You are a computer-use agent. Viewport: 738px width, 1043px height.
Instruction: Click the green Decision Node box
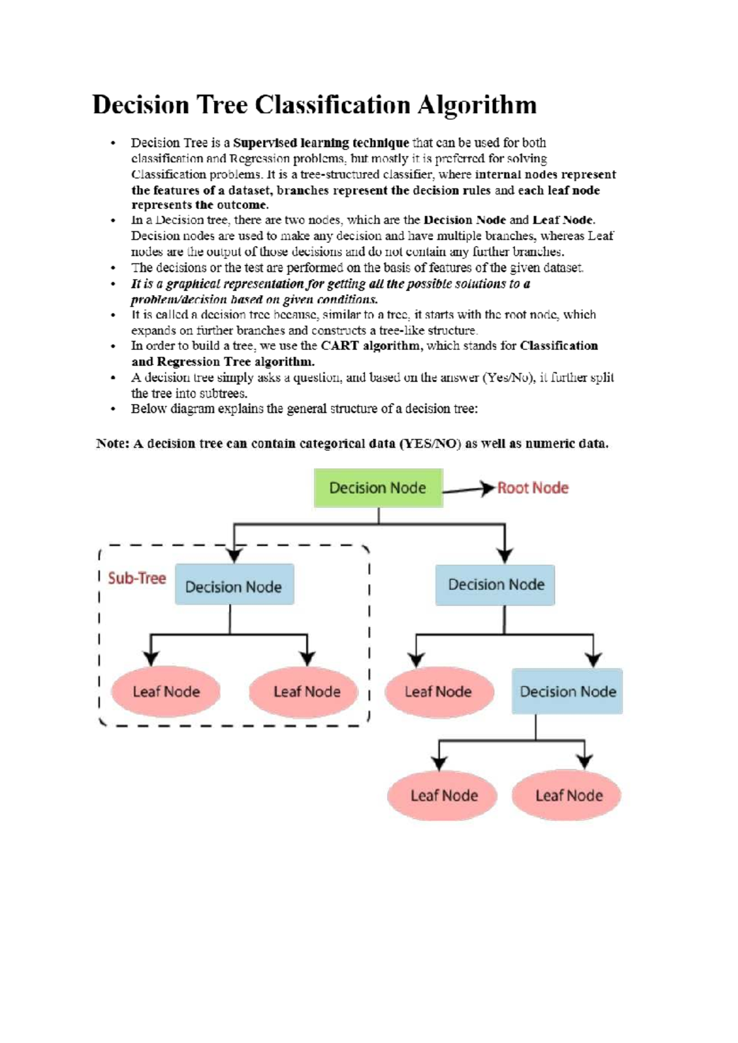coord(378,488)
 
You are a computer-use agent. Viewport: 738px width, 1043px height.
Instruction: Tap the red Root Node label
coord(533,488)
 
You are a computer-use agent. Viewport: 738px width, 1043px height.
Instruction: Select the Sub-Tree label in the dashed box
coord(137,578)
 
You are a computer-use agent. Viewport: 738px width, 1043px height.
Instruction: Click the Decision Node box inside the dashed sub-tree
coord(234,586)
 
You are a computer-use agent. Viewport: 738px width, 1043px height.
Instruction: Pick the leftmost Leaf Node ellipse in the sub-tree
coord(166,692)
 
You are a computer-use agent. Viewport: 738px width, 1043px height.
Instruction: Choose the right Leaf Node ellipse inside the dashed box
coord(306,692)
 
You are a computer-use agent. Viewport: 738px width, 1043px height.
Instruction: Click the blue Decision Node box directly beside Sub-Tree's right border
coord(496,584)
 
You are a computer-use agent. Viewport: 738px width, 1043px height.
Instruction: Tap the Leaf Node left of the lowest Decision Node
coord(438,692)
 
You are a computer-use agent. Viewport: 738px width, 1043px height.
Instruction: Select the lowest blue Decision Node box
coord(568,692)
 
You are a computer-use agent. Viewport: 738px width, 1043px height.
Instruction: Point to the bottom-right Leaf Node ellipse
coord(569,795)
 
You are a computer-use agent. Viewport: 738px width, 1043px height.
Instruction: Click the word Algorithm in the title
coord(477,105)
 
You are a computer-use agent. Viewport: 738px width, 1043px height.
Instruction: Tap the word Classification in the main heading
coord(332,105)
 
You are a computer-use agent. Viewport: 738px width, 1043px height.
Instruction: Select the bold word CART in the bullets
coord(339,346)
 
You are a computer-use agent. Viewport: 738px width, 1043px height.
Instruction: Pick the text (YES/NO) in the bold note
coord(430,443)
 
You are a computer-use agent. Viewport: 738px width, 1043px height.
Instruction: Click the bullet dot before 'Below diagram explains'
coord(113,409)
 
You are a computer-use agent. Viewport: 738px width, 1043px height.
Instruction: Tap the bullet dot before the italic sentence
coord(113,284)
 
